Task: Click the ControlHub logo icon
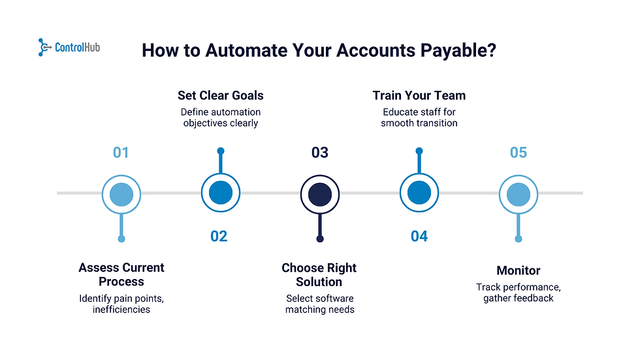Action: click(x=45, y=47)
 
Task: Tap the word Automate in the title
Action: click(x=236, y=51)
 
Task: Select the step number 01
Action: click(x=121, y=153)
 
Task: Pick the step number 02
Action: click(x=219, y=236)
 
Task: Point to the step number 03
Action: click(x=319, y=153)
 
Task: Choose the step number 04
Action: click(x=419, y=236)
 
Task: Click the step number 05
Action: click(x=518, y=153)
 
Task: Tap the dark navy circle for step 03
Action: click(x=320, y=193)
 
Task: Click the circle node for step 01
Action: click(x=121, y=193)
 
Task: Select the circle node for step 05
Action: click(x=519, y=193)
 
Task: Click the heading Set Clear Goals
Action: click(x=221, y=95)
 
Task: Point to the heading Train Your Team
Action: click(x=419, y=95)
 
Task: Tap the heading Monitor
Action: click(x=519, y=270)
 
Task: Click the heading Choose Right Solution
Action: click(x=319, y=274)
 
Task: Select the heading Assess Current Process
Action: click(x=121, y=274)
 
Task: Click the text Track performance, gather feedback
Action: click(x=519, y=293)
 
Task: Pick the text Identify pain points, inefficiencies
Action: click(x=121, y=304)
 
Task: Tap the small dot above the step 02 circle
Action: click(x=221, y=152)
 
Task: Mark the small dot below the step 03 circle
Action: click(x=320, y=239)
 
